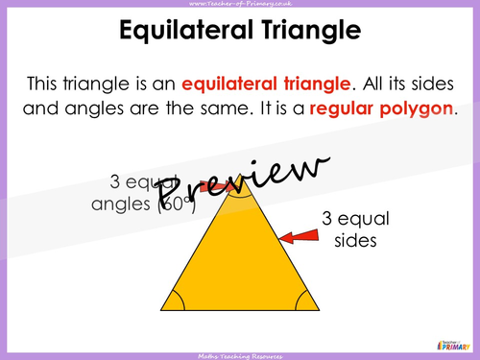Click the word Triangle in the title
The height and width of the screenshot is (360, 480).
tap(308, 31)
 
